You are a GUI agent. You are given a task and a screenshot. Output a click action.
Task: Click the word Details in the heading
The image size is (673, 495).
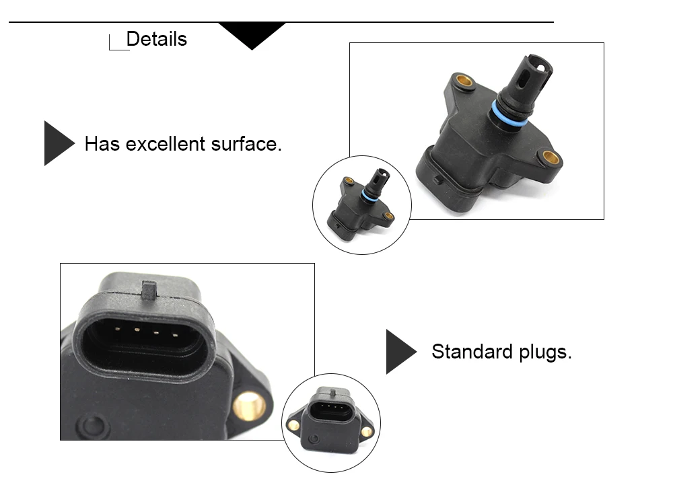156,39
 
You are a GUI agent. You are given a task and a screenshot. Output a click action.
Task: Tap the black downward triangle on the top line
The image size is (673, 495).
252,34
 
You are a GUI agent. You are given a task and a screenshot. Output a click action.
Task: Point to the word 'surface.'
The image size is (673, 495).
246,143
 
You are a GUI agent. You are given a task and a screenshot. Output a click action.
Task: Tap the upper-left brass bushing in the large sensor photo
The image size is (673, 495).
464,81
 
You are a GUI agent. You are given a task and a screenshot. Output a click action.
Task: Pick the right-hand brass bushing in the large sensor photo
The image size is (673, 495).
551,158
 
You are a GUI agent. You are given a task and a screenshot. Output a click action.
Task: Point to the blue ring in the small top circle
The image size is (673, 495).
369,196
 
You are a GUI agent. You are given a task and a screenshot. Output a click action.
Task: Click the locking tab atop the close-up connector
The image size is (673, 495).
150,290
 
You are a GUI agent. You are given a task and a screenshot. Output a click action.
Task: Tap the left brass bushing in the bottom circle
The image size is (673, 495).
293,425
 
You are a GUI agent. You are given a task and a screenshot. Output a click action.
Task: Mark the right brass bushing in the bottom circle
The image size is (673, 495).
366,431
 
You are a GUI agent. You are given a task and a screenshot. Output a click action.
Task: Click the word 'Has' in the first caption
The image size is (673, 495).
102,143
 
